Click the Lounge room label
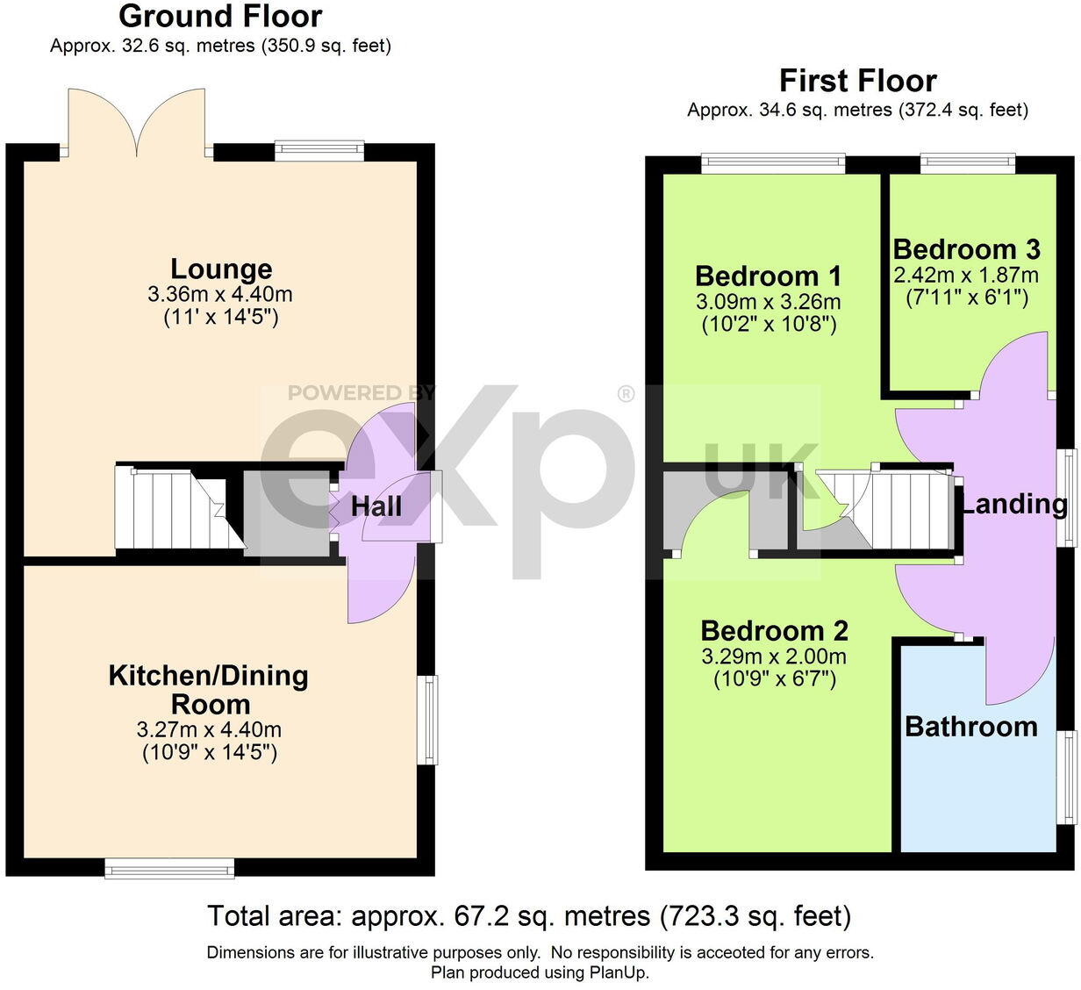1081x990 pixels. coord(221,269)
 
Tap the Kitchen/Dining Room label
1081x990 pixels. coord(209,689)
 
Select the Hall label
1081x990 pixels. coord(376,506)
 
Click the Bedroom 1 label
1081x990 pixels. coord(768,276)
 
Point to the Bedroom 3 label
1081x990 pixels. coord(966,249)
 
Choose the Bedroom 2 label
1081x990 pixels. coord(774,630)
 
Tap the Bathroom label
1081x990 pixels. coord(970,727)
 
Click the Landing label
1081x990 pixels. coord(1013,504)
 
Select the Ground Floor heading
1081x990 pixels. coord(220,16)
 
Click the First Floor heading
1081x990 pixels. coord(857,81)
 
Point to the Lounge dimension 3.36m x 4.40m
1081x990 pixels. coord(221,294)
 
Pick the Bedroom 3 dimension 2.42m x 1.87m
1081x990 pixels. coord(966,275)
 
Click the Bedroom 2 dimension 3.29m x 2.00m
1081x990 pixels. coord(774,656)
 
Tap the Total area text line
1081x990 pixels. coord(529,916)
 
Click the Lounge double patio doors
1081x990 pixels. coord(136,123)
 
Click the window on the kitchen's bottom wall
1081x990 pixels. coord(169,868)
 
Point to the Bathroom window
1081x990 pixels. coord(1068,778)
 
